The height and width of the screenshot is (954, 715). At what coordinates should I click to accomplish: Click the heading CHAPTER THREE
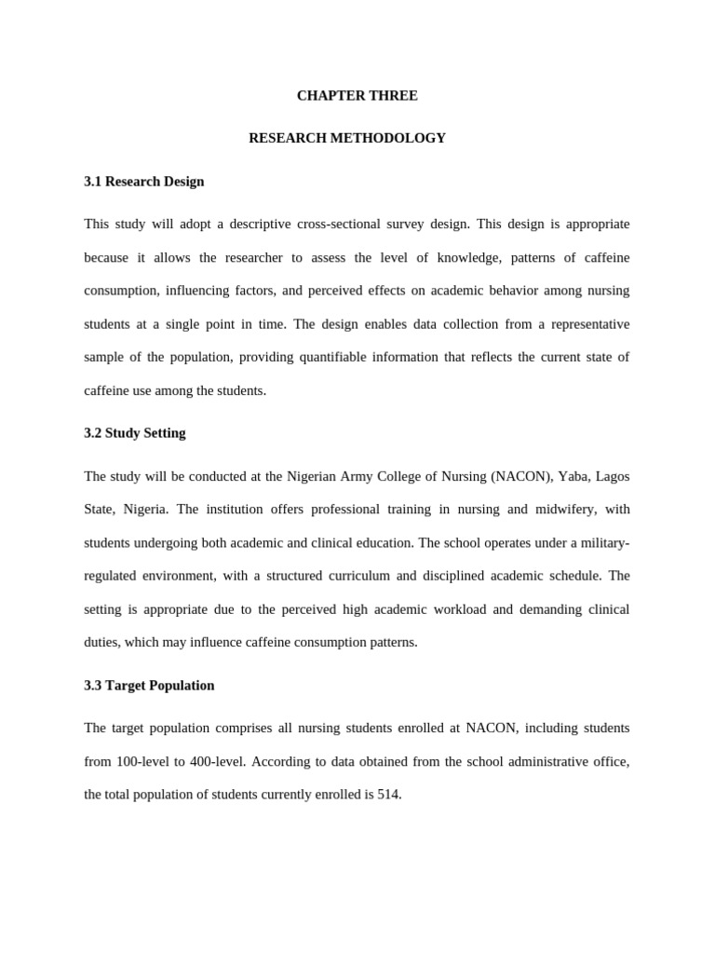coord(357,95)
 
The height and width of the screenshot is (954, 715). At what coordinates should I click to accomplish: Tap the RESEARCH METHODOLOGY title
coord(347,138)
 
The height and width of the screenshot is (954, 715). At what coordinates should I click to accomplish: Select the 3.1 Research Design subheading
coord(143,182)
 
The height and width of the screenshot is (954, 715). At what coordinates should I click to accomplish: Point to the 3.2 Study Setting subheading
coord(135,433)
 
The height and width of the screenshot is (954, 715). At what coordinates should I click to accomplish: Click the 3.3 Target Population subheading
coord(149,686)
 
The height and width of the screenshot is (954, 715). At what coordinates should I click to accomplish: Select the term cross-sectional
coord(344,225)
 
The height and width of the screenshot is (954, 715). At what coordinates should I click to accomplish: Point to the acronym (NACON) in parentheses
coord(520,476)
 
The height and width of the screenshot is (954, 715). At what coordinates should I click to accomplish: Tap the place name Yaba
coord(579,476)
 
